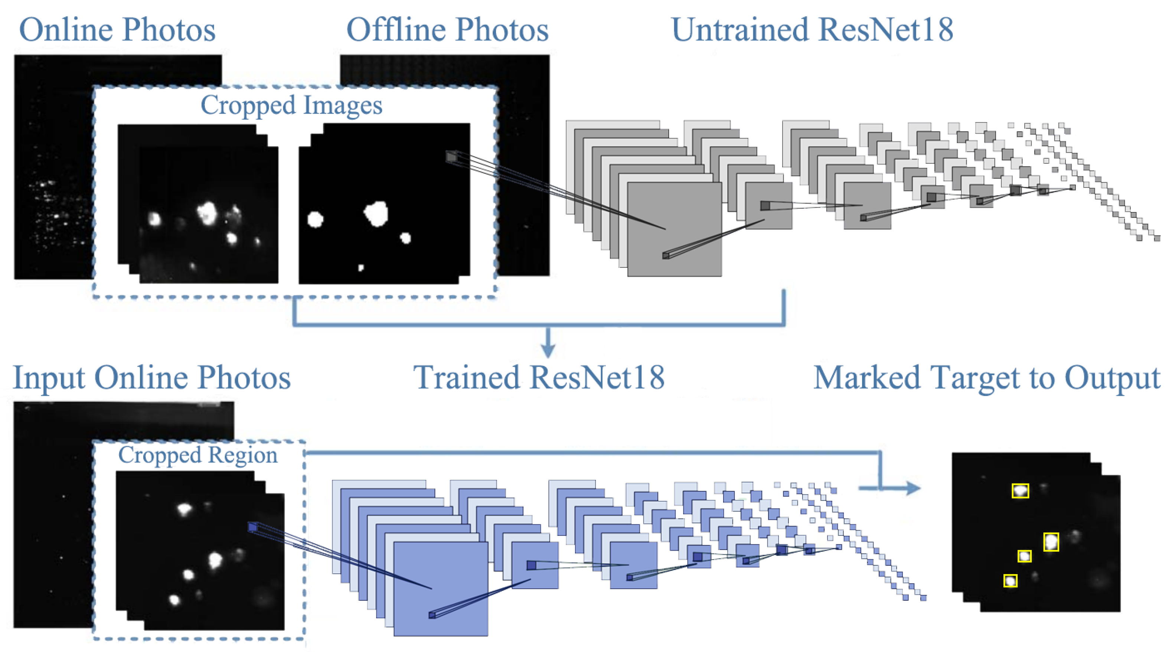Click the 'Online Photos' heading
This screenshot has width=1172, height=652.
point(117,30)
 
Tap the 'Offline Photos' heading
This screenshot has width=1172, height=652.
point(447,30)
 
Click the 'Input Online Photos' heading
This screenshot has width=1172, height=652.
point(151,378)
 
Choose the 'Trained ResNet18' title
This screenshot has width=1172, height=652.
point(539,378)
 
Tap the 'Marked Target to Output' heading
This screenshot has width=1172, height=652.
point(986,378)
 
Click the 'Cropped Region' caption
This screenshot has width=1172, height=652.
point(197,455)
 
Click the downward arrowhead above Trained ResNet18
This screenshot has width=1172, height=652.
point(548,351)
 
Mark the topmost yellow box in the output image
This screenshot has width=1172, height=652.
point(1020,490)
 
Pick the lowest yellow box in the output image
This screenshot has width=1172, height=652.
point(1010,581)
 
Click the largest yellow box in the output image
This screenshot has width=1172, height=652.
point(1051,541)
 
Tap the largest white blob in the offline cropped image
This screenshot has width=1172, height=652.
point(376,213)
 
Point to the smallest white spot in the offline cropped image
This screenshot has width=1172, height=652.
point(361,268)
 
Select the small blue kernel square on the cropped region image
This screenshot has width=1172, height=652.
point(252,527)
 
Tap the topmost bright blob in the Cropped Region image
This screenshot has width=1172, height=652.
point(184,509)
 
